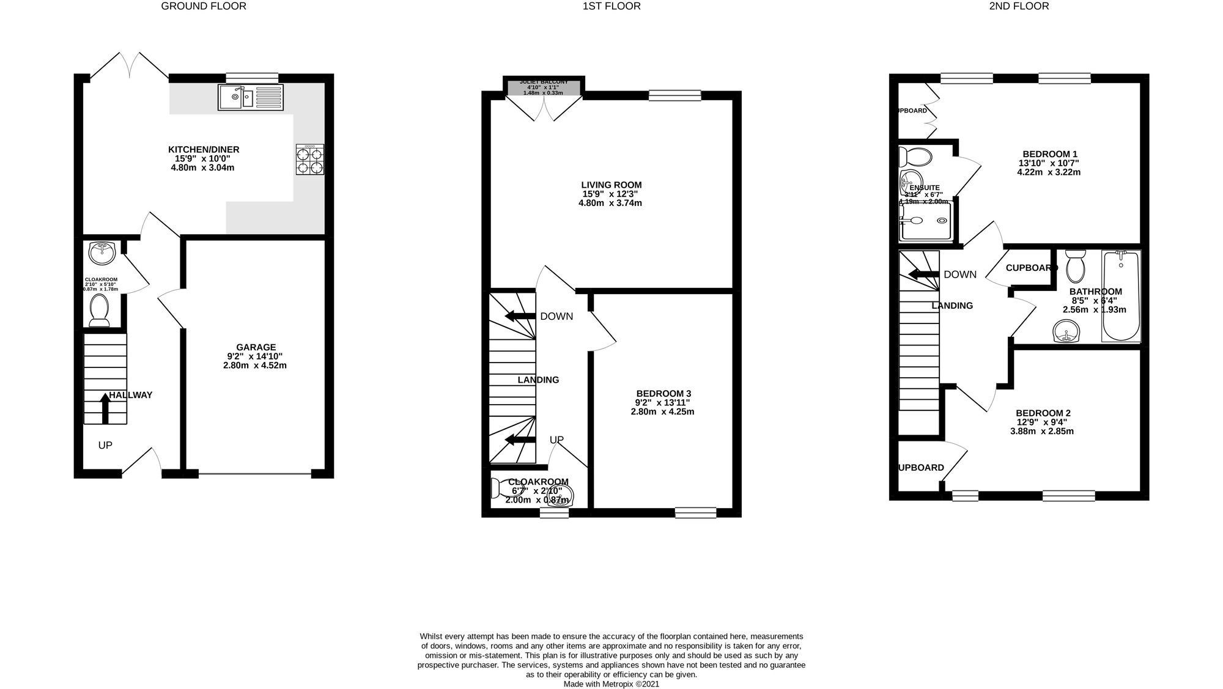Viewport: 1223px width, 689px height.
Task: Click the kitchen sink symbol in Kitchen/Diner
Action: pos(251,98)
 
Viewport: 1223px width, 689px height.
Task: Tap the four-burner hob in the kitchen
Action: pos(310,160)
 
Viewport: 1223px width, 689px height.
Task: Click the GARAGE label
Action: pos(256,347)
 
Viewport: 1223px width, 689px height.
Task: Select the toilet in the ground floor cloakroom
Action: pos(99,310)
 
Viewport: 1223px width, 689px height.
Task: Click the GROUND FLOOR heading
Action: pos(204,7)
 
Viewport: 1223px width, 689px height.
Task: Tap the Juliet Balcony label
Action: pos(544,82)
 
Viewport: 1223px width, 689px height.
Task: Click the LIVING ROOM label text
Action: pos(611,185)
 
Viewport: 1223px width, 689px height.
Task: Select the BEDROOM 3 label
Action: pos(663,393)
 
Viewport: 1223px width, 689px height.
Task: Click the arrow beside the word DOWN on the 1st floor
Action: pos(519,316)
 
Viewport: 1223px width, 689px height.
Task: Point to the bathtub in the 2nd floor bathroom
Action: pos(1121,296)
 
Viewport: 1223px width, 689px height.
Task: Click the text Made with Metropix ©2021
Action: pos(611,684)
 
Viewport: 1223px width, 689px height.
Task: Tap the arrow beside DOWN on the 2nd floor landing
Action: pos(923,274)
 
